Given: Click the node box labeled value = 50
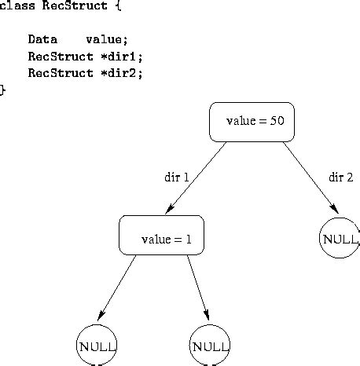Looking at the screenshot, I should point(252,122).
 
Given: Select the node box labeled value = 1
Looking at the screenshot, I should point(161,235).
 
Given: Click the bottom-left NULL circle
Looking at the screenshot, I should point(97,346).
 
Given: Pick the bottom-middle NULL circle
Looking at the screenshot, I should point(210,346).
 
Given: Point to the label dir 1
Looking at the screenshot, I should point(177,178).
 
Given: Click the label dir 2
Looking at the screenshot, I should point(340,178).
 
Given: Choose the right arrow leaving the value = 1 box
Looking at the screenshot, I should point(198,287).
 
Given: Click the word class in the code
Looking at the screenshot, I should point(14,6).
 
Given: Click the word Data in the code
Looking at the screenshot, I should point(42,39).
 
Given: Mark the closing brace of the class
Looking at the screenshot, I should point(3,90).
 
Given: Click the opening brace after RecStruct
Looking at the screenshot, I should point(118,6).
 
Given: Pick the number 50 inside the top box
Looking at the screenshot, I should point(276,122).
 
